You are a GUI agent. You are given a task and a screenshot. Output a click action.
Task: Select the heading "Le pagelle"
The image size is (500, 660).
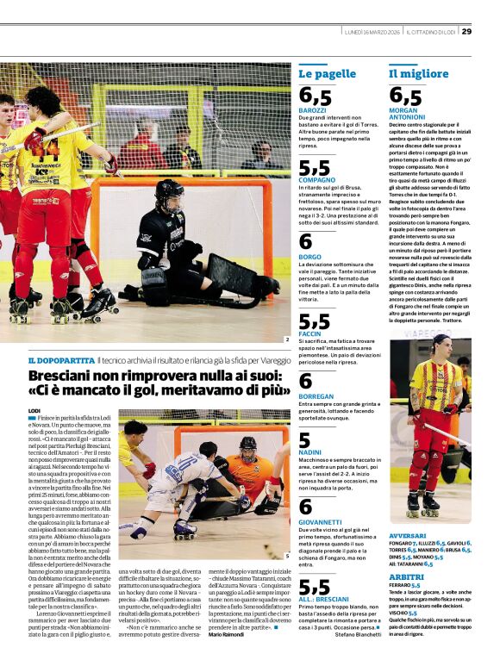[x=327, y=74]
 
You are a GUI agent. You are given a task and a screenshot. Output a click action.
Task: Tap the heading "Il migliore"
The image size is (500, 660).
[x=418, y=74]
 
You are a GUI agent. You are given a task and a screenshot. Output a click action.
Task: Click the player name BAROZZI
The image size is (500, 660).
[x=312, y=110]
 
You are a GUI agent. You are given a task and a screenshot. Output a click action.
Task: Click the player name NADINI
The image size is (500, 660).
[x=310, y=451]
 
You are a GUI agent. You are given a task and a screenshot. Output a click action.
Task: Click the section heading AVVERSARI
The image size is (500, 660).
[x=407, y=535]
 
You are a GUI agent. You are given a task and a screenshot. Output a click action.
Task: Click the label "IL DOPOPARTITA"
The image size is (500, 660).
[x=61, y=359]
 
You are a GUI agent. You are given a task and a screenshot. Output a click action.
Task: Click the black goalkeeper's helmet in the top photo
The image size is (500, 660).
[x=169, y=195]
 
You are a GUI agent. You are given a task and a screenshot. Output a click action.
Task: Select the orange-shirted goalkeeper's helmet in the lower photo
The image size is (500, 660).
[x=248, y=448]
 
